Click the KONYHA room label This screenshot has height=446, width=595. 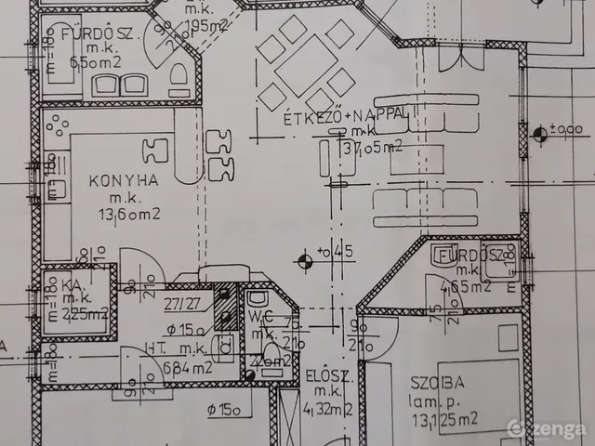click(x=123, y=181)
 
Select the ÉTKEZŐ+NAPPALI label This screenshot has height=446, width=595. click(x=348, y=115)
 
